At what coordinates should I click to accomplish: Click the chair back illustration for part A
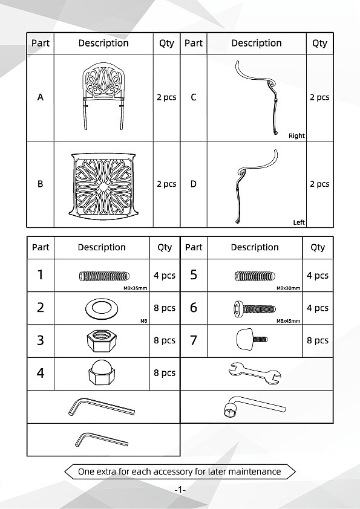point(103,96)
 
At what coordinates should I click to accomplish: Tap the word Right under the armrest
point(296,135)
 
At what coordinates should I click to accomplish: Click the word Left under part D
point(299,222)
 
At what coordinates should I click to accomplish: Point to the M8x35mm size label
point(135,288)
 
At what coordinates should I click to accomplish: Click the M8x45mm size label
point(289,321)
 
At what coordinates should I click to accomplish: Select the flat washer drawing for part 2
point(102,308)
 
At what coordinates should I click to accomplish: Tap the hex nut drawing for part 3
point(102,340)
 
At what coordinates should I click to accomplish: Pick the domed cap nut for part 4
point(102,372)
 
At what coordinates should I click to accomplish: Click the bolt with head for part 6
point(254,309)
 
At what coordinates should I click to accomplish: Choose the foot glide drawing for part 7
point(252,339)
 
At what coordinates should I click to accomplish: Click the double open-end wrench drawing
point(255,374)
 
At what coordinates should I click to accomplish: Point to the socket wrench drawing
point(255,406)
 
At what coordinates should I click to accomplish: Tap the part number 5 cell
point(194,275)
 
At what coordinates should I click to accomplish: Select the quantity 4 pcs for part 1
point(165,276)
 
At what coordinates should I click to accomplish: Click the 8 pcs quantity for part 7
point(318,340)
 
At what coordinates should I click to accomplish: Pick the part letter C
point(194,97)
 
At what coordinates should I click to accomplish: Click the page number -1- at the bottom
point(180,489)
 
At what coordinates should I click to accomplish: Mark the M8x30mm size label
point(289,288)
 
